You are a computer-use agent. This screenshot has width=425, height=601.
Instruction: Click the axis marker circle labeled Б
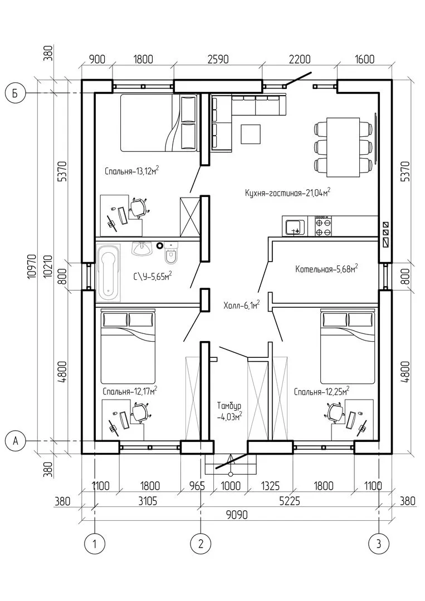pyautogui.click(x=16, y=94)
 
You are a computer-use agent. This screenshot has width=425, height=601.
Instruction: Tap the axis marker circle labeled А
pyautogui.click(x=16, y=441)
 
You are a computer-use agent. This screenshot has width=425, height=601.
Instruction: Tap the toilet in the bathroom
pyautogui.click(x=171, y=253)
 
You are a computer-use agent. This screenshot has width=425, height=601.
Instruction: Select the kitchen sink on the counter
pyautogui.click(x=295, y=226)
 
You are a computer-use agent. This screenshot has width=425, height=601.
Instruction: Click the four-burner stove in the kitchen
pyautogui.click(x=324, y=226)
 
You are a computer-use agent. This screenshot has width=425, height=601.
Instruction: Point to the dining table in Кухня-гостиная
pyautogui.click(x=343, y=147)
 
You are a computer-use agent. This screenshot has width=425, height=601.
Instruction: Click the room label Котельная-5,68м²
pyautogui.click(x=327, y=269)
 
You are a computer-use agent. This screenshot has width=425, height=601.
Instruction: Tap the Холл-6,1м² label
pyautogui.click(x=242, y=305)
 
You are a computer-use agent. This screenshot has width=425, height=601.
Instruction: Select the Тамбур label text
pyautogui.click(x=229, y=406)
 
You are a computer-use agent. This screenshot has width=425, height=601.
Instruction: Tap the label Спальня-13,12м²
pyautogui.click(x=132, y=171)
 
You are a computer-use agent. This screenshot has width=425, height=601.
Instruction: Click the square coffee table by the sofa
pyautogui.click(x=251, y=134)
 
